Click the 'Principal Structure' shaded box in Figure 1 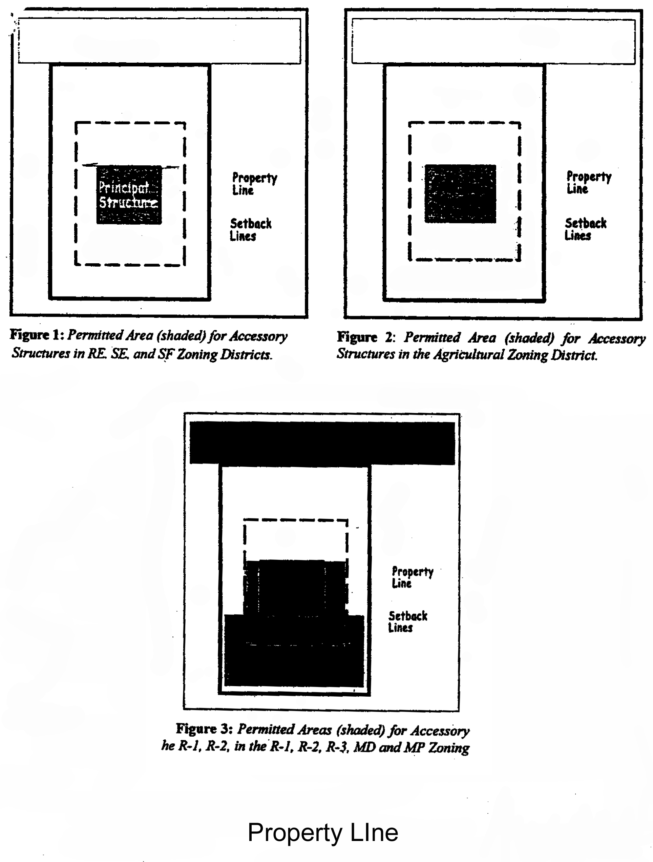129,194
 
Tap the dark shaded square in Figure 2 460,194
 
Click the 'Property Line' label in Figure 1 254,184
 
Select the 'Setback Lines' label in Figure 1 250,229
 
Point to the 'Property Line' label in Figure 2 588,182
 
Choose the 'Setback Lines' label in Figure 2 585,229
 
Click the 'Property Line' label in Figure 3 412,577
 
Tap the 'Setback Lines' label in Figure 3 407,621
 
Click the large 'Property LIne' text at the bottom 322,833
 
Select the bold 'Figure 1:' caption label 37,335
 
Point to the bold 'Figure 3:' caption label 204,729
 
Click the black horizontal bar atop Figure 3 322,443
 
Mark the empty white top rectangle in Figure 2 493,42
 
